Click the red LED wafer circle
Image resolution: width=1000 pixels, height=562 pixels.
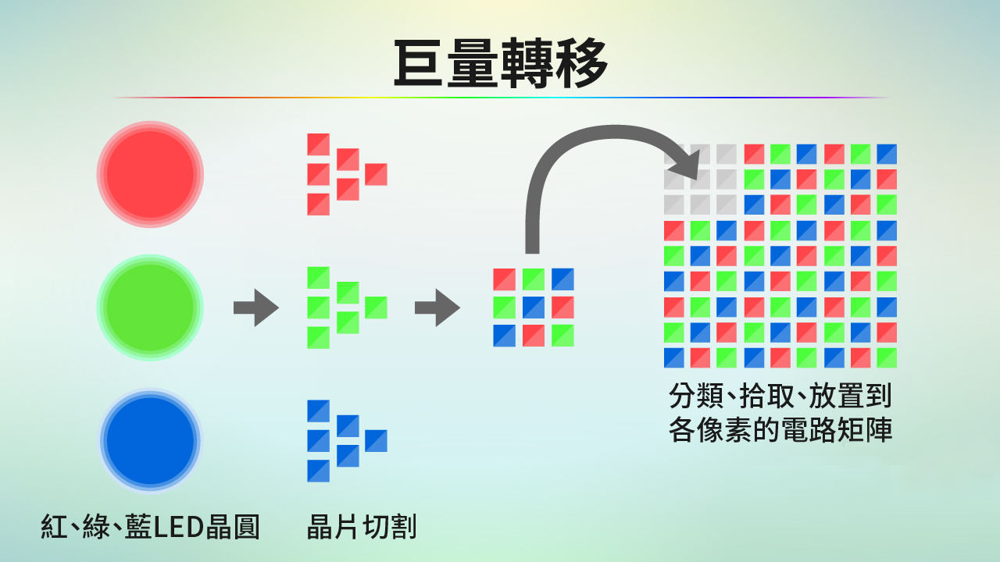click(150, 174)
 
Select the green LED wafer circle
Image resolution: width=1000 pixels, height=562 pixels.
click(150, 308)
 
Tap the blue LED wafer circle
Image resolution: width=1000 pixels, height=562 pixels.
click(150, 441)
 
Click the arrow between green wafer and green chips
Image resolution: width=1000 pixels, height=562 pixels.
click(255, 308)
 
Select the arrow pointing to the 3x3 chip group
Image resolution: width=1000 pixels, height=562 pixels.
click(437, 308)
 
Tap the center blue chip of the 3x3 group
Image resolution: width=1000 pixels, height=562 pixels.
click(534, 308)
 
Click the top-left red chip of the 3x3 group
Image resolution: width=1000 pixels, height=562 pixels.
click(504, 279)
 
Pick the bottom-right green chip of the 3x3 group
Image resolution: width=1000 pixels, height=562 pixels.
click(562, 336)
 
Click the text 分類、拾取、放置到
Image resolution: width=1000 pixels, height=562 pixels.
click(780, 396)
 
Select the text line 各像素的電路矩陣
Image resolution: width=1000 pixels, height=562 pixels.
click(780, 430)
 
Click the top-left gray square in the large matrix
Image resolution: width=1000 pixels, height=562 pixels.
click(674, 154)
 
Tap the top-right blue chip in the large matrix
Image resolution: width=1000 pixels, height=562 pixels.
click(887, 154)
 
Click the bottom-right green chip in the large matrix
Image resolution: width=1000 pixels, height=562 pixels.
click(887, 357)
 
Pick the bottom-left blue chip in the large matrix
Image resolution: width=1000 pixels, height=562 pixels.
click(674, 357)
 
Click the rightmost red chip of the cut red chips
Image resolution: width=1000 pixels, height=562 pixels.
click(376, 174)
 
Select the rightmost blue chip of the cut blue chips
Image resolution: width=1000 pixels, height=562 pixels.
click(376, 441)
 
